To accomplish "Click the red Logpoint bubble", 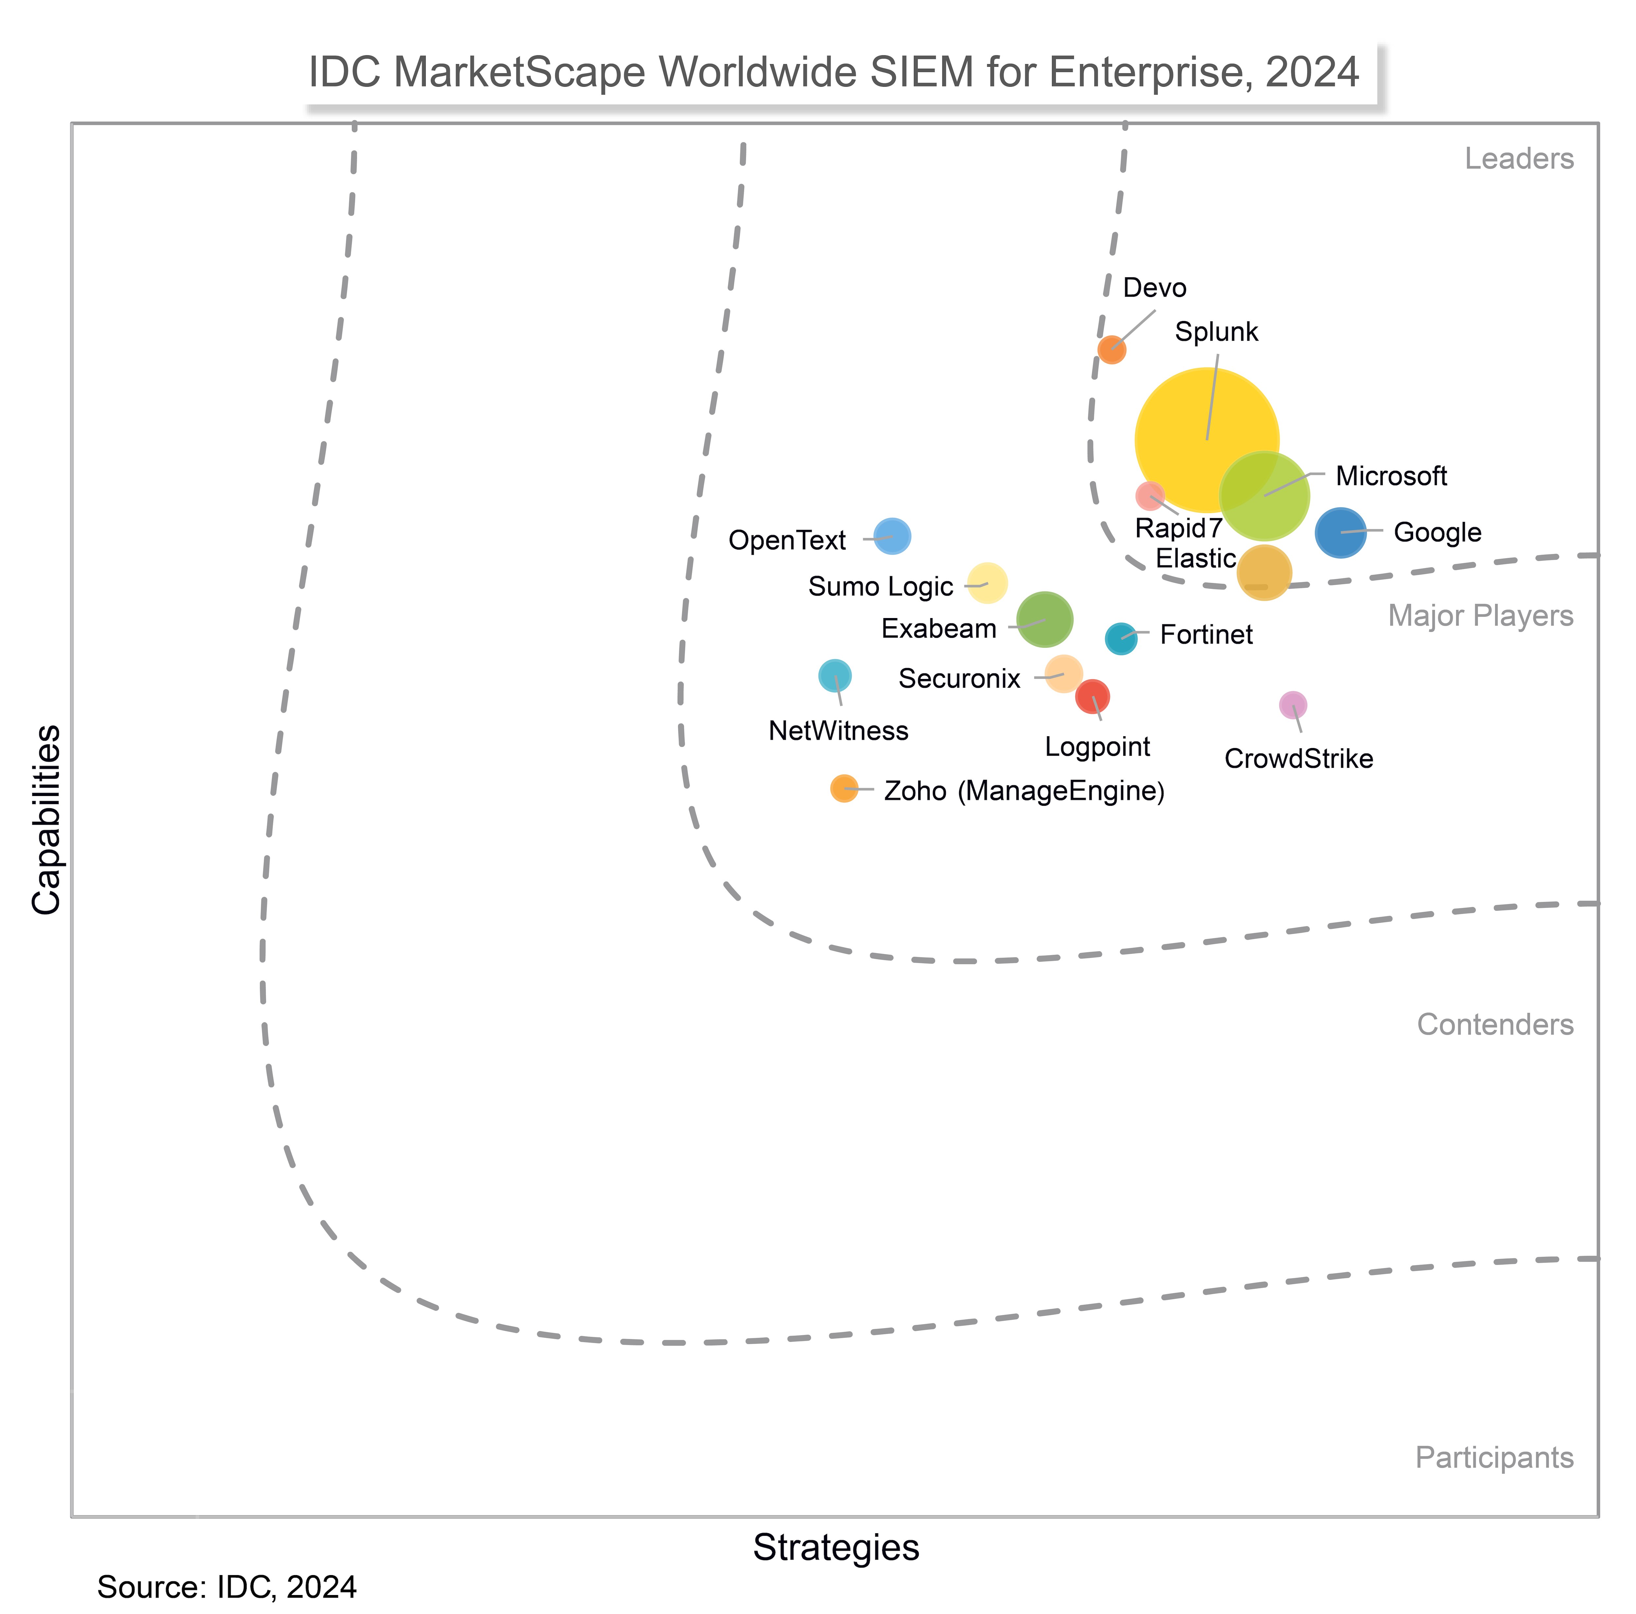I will pyautogui.click(x=1093, y=696).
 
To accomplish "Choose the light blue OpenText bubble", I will pyautogui.click(x=892, y=536).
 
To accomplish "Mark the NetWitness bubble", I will pyautogui.click(x=835, y=676).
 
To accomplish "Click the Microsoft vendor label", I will pyautogui.click(x=1390, y=476).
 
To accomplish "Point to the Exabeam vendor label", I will pyautogui.click(x=938, y=628).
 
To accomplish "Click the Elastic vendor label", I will pyautogui.click(x=1195, y=558).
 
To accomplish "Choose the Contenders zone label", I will pyautogui.click(x=1495, y=1025).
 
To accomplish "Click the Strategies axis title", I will pyautogui.click(x=836, y=1548).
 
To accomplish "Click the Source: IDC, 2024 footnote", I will pyautogui.click(x=227, y=1587).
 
